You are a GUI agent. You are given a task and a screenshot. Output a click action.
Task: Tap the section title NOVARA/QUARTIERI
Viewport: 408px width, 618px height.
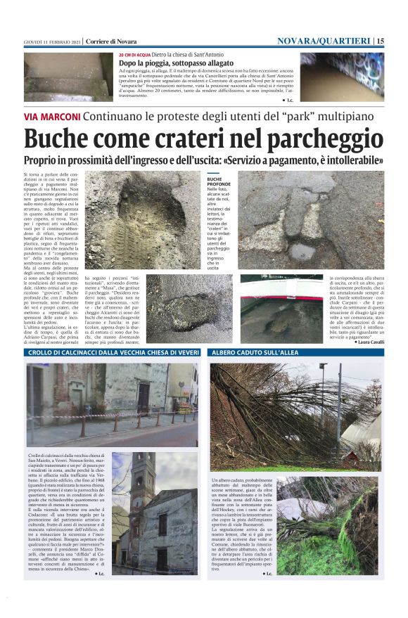point(323,41)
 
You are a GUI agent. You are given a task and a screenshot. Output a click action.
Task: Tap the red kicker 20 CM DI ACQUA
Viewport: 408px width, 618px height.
point(134,54)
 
